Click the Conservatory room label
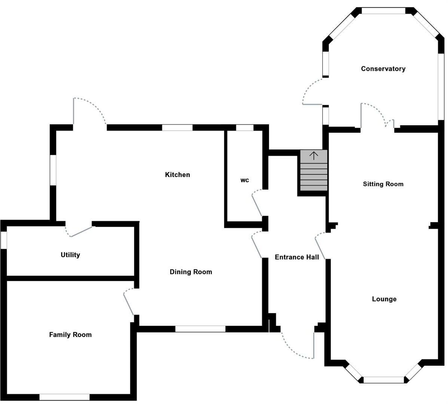[383, 69]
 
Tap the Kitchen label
[177, 175]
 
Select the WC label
[244, 180]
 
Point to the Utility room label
[70, 255]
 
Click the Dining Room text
[191, 272]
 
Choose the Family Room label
[70, 335]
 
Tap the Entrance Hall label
[297, 257]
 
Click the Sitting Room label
[383, 184]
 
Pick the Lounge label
[384, 299]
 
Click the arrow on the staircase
[314, 156]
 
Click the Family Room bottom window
[64, 397]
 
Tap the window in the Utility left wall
[4, 240]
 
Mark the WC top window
[245, 128]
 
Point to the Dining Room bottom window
[200, 329]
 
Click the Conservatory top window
[384, 11]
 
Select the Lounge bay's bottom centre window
[384, 380]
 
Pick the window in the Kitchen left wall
[53, 170]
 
